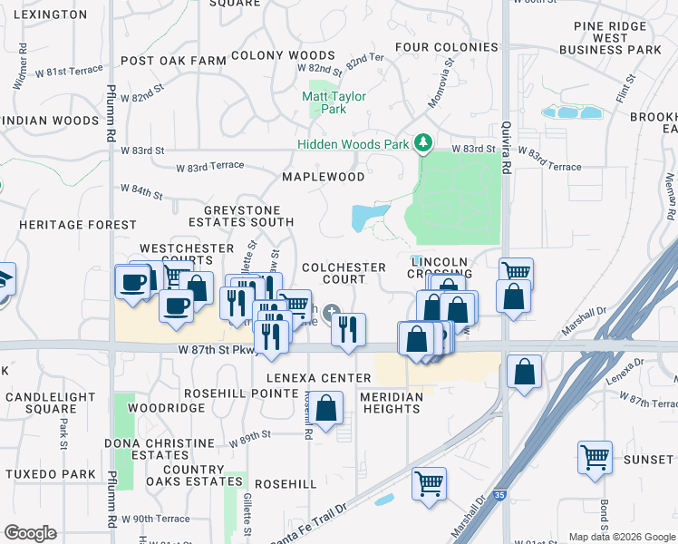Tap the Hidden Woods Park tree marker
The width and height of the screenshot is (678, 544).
[x=421, y=143]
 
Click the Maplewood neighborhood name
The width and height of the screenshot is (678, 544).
[x=324, y=177]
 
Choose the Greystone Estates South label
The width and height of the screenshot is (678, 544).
[x=241, y=215]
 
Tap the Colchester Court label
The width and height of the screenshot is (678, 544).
[x=344, y=273]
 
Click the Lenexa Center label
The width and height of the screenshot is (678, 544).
[x=318, y=378]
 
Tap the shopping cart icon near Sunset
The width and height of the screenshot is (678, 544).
[x=595, y=457]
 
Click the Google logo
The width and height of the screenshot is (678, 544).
[x=29, y=533]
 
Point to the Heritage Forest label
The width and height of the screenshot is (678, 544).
[x=78, y=225]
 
